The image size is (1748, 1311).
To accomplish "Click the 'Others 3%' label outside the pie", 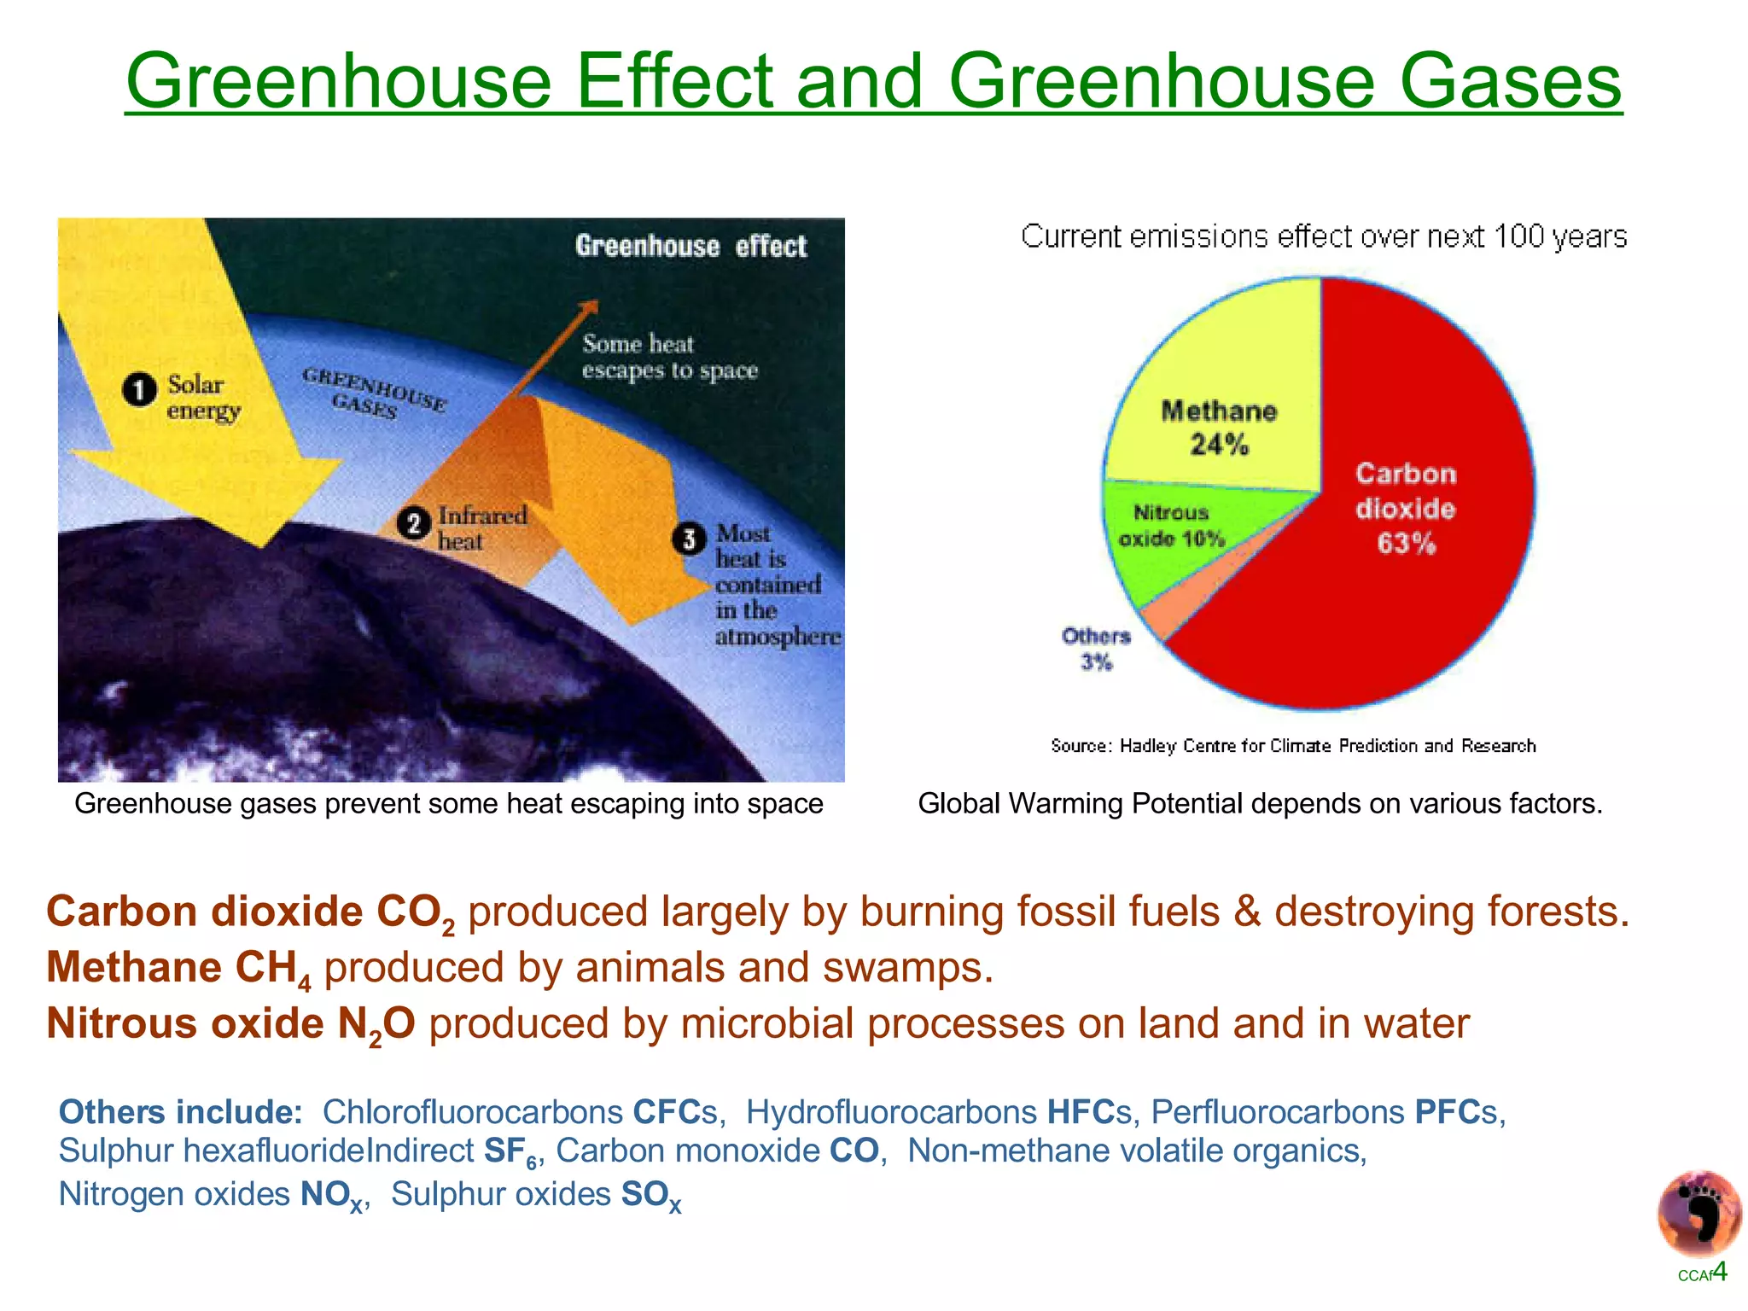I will (1096, 649).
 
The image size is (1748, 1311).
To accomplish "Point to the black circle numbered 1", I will (140, 391).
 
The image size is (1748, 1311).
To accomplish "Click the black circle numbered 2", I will (414, 523).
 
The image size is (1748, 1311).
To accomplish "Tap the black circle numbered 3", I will (690, 539).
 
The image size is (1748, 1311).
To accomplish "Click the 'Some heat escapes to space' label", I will (669, 357).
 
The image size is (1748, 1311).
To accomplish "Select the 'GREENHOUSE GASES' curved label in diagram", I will (373, 393).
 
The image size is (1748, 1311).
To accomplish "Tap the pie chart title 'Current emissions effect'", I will (1323, 236).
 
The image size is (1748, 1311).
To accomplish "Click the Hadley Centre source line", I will (1292, 746).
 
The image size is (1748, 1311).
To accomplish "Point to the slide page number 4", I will (1720, 1271).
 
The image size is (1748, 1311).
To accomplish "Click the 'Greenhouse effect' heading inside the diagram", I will (690, 247).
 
